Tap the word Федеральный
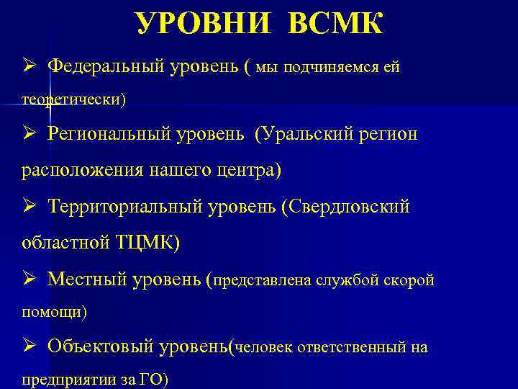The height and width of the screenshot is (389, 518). tap(106, 67)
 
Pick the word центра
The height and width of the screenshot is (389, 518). tap(249, 171)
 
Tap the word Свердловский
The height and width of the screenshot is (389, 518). tap(348, 207)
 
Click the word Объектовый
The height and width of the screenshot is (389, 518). tap(100, 346)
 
